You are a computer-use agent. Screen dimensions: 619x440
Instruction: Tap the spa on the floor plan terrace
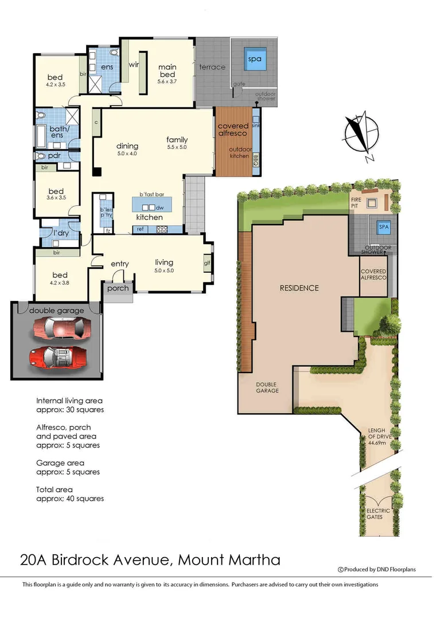[254, 59]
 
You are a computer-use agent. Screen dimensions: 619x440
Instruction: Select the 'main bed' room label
[168, 70]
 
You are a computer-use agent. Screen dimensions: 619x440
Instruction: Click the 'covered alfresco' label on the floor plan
[233, 130]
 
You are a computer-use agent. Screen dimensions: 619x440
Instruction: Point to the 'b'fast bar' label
[153, 194]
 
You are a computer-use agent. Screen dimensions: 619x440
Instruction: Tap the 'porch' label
[118, 288]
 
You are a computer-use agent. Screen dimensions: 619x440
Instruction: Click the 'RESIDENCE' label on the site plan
[299, 288]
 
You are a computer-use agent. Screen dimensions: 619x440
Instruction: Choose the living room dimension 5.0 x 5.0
[163, 271]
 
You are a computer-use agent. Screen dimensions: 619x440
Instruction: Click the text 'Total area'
[54, 489]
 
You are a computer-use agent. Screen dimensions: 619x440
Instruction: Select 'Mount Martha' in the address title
[229, 559]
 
